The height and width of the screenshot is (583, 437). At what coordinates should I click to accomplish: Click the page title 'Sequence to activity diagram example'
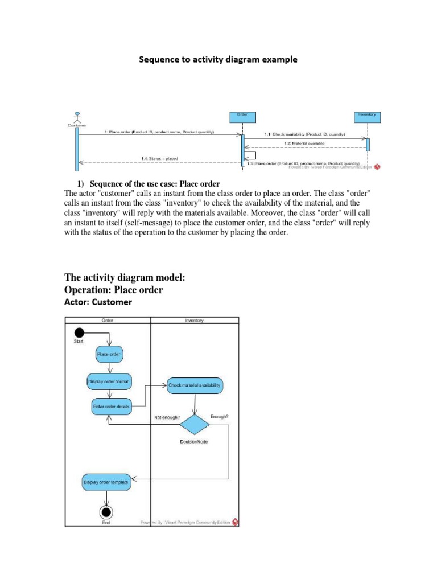218,59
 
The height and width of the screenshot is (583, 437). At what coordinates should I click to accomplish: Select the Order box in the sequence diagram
242,116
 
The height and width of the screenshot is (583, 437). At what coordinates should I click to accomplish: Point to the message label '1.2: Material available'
307,143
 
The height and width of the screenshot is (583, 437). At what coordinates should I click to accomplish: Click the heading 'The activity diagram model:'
125,277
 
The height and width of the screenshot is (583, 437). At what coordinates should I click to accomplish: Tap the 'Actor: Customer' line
99,302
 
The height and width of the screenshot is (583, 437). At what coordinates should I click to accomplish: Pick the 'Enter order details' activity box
112,407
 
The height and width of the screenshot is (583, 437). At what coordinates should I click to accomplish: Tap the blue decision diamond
195,424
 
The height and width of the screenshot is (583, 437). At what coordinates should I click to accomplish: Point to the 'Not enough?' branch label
167,417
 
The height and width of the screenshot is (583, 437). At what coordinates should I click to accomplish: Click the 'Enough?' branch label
219,417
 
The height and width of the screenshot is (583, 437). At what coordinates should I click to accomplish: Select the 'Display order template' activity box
106,482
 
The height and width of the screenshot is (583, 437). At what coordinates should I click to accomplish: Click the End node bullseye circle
106,510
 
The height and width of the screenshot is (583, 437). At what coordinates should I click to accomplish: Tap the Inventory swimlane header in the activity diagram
195,320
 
